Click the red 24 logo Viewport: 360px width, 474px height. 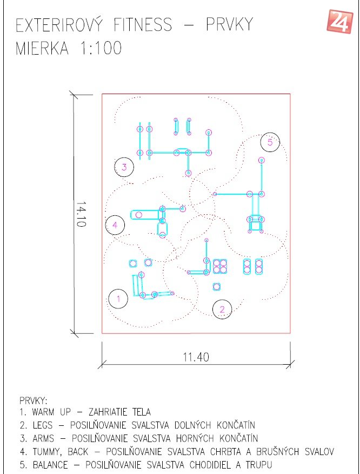tap(340, 21)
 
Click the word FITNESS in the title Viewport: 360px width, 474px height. tap(143, 25)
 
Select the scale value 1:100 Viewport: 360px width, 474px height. tap(101, 48)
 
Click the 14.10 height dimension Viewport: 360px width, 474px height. tap(81, 214)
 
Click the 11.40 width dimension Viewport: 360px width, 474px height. tap(196, 357)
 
